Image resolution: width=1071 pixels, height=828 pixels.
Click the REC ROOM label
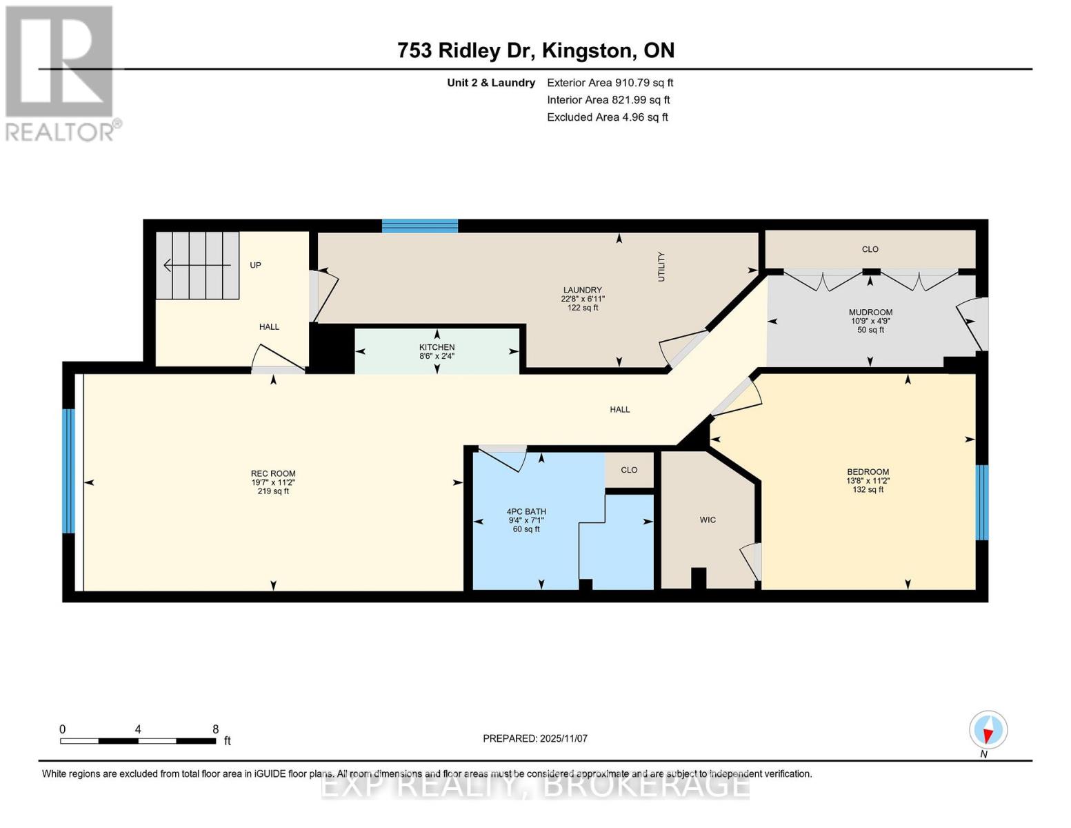click(273, 473)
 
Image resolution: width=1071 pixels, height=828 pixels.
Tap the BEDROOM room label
click(868, 471)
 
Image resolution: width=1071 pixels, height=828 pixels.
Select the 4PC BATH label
click(526, 511)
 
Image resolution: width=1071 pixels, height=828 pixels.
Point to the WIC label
click(708, 520)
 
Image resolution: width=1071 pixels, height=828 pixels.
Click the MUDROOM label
click(870, 312)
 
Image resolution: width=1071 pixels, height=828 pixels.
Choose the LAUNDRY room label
click(583, 290)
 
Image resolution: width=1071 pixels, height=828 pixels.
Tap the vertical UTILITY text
click(661, 267)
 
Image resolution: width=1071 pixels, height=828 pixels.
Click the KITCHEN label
click(437, 347)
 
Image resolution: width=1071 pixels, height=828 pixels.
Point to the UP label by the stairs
click(255, 266)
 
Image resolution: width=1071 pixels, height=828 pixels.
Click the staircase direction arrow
click(197, 266)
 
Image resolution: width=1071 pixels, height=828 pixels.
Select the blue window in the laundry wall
click(420, 226)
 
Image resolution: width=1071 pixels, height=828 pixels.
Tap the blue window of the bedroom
click(982, 502)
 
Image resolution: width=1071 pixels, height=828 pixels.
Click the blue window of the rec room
click(68, 471)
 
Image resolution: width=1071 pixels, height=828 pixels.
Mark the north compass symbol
click(988, 731)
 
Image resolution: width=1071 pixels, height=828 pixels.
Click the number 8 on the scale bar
click(215, 729)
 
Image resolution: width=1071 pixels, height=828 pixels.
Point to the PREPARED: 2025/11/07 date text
click(535, 738)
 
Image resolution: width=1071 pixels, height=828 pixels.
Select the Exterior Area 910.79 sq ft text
click(610, 83)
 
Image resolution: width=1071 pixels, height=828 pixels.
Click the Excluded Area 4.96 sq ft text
click(608, 117)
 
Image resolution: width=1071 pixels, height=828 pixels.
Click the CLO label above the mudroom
click(870, 249)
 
